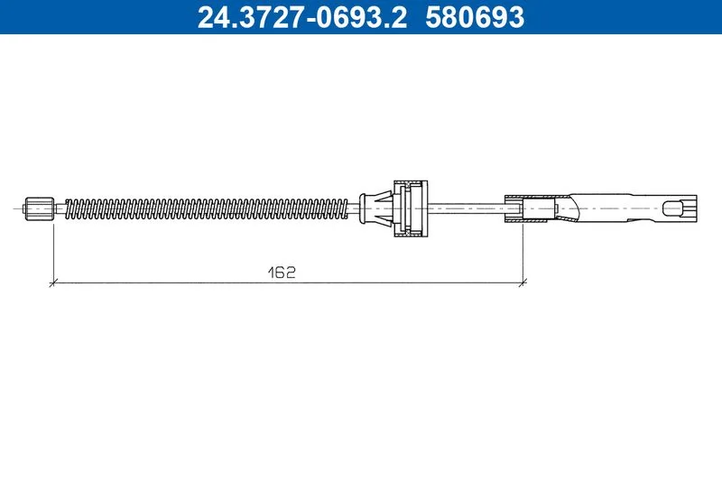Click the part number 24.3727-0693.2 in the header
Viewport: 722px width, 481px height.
click(x=302, y=17)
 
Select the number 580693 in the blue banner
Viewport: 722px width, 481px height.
click(x=475, y=17)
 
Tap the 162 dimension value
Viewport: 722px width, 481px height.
click(x=282, y=272)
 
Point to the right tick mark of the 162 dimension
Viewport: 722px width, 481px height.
click(x=523, y=282)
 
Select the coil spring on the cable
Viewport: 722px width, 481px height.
click(x=207, y=208)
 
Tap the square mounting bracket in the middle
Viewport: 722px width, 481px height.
click(x=411, y=208)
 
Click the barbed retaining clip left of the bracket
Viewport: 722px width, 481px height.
click(x=376, y=208)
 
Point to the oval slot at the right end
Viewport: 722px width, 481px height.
click(x=671, y=208)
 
